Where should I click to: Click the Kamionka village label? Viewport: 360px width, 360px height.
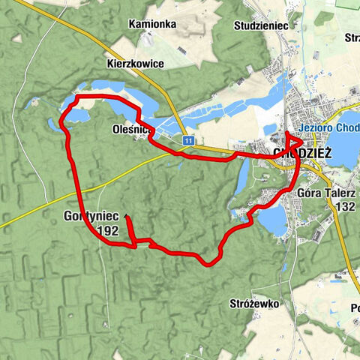pyautogui.click(x=152, y=24)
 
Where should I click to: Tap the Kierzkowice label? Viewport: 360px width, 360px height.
pyautogui.click(x=135, y=64)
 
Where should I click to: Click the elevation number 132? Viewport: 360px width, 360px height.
pyautogui.click(x=345, y=205)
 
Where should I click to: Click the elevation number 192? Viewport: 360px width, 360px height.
pyautogui.click(x=108, y=231)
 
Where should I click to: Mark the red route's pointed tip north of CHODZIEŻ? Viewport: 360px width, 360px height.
pyautogui.click(x=288, y=133)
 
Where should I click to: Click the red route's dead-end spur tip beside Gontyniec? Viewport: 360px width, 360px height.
pyautogui.click(x=127, y=217)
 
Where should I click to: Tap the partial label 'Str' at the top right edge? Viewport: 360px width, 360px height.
pyautogui.click(x=352, y=37)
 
